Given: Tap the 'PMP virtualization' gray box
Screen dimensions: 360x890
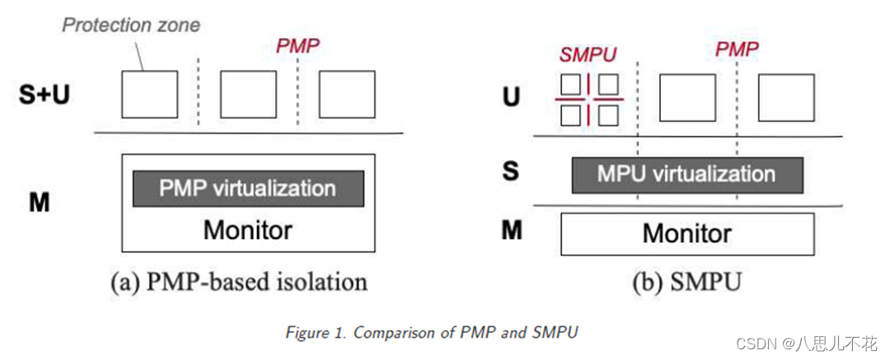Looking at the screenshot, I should [x=248, y=188].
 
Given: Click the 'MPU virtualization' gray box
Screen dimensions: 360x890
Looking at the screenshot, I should [x=686, y=175].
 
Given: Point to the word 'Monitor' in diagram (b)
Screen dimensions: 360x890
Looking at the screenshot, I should [x=686, y=233].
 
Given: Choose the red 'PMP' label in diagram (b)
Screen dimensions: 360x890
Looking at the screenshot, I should [x=738, y=50].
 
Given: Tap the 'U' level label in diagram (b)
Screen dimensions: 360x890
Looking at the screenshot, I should [x=512, y=98].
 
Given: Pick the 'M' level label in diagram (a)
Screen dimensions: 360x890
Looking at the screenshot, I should [x=39, y=202].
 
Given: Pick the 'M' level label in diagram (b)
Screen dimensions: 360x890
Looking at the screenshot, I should [x=512, y=231].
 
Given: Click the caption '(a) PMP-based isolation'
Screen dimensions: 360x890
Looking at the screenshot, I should [x=239, y=282].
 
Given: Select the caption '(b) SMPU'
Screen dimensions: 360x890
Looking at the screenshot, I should [x=686, y=283].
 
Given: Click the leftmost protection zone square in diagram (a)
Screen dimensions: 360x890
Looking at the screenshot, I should [x=149, y=94].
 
